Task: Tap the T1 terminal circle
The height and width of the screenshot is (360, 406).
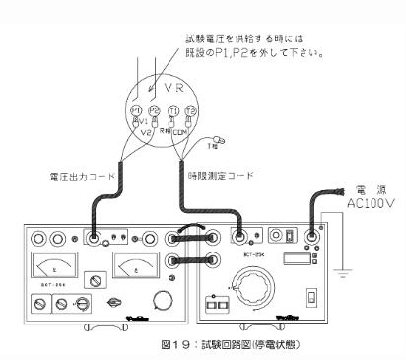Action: pyautogui.click(x=174, y=111)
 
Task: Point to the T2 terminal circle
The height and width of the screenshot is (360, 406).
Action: pyautogui.click(x=192, y=111)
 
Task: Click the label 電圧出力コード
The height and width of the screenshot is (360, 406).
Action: pyautogui.click(x=82, y=176)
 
